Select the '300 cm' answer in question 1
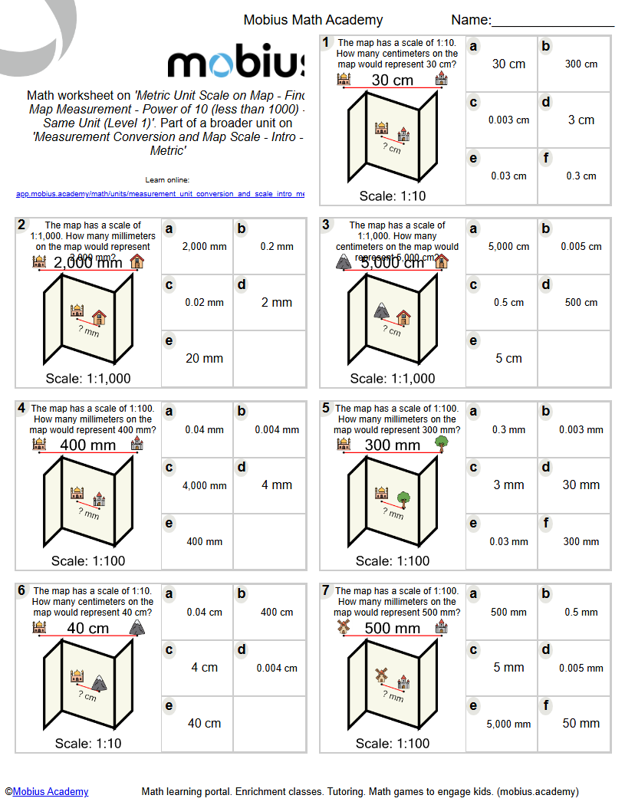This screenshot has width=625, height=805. (x=581, y=64)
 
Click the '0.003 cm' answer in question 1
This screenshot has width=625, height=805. (x=508, y=120)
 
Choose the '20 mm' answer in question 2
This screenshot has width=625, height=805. (x=204, y=358)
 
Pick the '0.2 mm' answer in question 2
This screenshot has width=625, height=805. (x=277, y=247)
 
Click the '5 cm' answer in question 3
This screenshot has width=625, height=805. (x=508, y=358)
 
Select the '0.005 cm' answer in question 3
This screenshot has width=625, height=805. (x=581, y=247)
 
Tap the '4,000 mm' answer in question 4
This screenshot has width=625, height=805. (x=205, y=485)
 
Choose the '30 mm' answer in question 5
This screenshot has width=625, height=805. (x=581, y=485)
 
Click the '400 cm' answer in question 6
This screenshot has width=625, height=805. (x=277, y=612)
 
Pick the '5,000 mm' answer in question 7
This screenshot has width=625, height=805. (x=508, y=724)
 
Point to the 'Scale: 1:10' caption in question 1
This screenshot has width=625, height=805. (x=393, y=195)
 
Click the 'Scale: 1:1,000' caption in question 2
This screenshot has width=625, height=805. (x=88, y=378)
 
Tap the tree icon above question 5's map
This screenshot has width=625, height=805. (x=440, y=442)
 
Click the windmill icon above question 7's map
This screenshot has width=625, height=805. (x=344, y=626)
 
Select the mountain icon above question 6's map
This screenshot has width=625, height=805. (x=137, y=627)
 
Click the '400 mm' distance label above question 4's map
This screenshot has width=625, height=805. (x=88, y=445)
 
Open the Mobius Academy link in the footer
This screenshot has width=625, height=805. (x=51, y=791)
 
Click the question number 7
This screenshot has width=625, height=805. (x=326, y=590)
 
